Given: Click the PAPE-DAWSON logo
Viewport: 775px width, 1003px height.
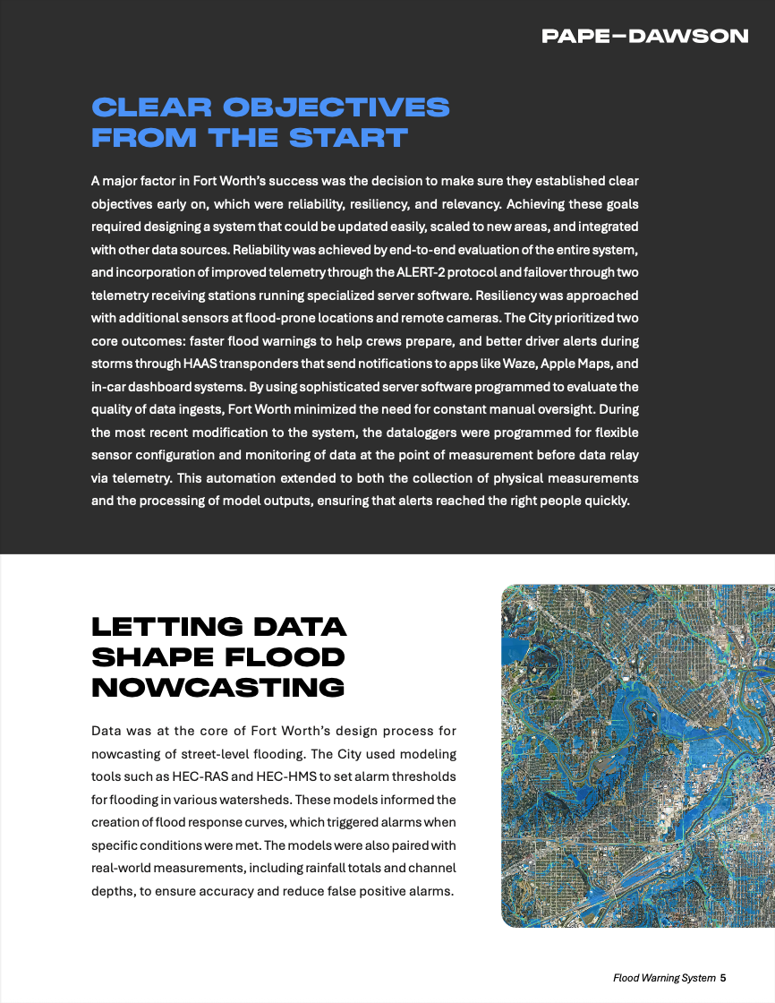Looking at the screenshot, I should click(x=644, y=37).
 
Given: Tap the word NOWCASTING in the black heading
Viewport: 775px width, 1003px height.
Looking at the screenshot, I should click(x=218, y=688).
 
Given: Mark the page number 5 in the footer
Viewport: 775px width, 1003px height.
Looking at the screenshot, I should click(x=722, y=978).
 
